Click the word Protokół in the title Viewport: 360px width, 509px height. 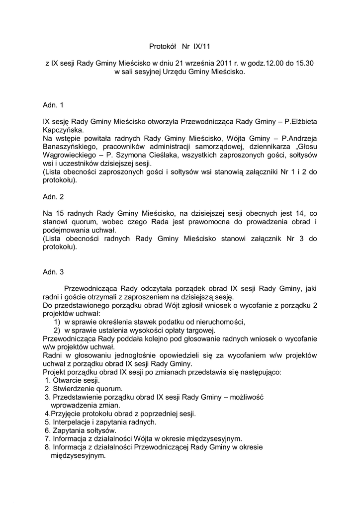pos(163,47)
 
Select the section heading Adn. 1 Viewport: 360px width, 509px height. pos(53,105)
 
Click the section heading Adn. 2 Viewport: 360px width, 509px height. pos(53,197)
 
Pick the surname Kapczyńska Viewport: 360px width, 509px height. pos(64,130)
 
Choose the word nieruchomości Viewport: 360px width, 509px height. pos(218,322)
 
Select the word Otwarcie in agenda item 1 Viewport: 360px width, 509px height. pos(67,380)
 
